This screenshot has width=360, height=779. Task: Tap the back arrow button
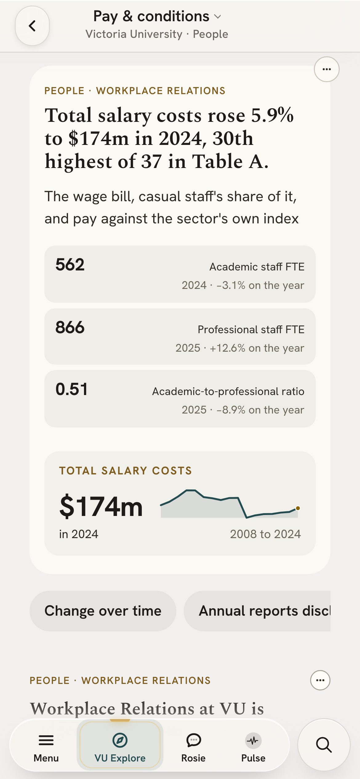click(x=32, y=26)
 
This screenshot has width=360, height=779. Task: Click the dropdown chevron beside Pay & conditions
click(x=218, y=17)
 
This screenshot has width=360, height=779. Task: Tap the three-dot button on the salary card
click(x=326, y=69)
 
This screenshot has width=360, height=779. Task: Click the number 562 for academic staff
click(x=70, y=265)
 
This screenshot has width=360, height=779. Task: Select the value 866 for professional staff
click(x=70, y=327)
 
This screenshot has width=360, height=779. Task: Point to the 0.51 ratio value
click(x=71, y=389)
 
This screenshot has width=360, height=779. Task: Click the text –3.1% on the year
click(x=260, y=285)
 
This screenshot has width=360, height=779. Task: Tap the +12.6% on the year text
click(x=257, y=348)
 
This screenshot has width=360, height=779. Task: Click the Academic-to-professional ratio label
click(x=228, y=391)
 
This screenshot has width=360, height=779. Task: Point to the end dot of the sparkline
click(x=298, y=508)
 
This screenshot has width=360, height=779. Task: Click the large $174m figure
click(x=101, y=506)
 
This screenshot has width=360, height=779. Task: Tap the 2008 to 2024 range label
click(x=265, y=534)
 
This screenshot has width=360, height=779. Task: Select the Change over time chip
click(x=103, y=611)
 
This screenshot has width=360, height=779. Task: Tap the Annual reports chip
click(x=257, y=611)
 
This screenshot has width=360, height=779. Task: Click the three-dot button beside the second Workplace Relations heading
click(x=320, y=680)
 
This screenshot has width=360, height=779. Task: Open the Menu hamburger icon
click(x=46, y=740)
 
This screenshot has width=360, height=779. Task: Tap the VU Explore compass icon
click(x=120, y=740)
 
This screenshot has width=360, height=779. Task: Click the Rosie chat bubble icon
click(x=194, y=740)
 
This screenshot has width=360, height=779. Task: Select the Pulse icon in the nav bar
click(x=253, y=740)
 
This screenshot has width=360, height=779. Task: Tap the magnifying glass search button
click(x=324, y=745)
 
